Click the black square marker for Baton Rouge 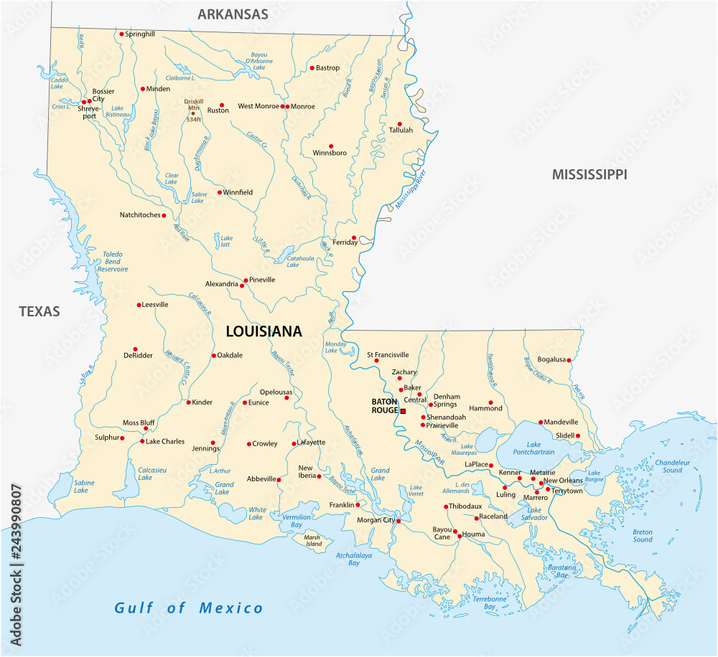(x=403, y=412)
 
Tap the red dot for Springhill (x=121, y=34)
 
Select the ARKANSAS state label (x=233, y=14)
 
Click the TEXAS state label (x=39, y=311)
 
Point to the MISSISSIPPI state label (x=589, y=174)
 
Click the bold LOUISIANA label (x=264, y=331)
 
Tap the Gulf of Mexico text (x=189, y=608)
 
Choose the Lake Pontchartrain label (x=529, y=448)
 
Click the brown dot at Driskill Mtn (x=192, y=113)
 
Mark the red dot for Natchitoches (x=164, y=215)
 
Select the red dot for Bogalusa (x=570, y=359)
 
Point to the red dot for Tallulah (x=400, y=123)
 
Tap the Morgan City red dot (x=399, y=521)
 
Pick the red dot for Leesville (x=139, y=305)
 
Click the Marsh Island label (x=312, y=540)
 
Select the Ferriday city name (x=345, y=242)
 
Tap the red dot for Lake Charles (x=141, y=441)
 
